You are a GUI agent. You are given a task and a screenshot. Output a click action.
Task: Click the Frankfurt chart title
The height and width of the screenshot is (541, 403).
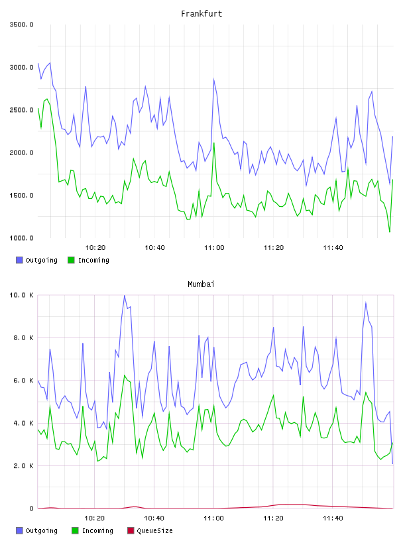click(x=201, y=14)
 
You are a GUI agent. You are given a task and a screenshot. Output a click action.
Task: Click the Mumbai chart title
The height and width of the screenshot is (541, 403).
click(x=201, y=284)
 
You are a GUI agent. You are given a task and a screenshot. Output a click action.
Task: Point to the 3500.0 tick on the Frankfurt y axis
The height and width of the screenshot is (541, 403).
click(x=21, y=25)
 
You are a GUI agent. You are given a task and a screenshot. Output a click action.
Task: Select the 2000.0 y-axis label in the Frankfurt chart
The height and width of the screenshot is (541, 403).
click(x=21, y=152)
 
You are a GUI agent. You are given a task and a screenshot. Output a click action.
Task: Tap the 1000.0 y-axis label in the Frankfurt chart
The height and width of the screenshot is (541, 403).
click(x=21, y=238)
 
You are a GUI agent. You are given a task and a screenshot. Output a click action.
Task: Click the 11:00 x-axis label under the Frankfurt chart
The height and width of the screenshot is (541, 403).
click(x=214, y=248)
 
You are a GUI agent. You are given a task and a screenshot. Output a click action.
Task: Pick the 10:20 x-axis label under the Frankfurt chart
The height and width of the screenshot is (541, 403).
click(x=95, y=248)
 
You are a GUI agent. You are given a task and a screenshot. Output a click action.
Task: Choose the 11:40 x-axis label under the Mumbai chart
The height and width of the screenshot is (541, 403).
click(x=333, y=518)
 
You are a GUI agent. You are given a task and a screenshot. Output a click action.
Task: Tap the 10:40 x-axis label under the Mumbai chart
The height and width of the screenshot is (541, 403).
click(x=154, y=518)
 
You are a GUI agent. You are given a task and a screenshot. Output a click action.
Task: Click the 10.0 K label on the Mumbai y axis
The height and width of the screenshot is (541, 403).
click(x=21, y=295)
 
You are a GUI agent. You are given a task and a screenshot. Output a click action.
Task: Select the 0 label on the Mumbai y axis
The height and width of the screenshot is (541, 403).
click(x=31, y=509)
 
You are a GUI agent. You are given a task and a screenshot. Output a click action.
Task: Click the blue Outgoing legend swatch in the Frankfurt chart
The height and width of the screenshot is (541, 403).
click(x=19, y=260)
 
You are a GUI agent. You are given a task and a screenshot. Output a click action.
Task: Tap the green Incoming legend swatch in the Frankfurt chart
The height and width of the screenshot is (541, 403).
click(x=71, y=260)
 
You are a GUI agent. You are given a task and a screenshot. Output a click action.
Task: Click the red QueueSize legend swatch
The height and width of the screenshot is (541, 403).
click(x=131, y=530)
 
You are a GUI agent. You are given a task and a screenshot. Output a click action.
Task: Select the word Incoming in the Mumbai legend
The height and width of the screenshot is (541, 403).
click(x=97, y=530)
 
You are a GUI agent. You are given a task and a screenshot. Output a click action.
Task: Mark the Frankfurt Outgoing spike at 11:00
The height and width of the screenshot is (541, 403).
click(x=214, y=80)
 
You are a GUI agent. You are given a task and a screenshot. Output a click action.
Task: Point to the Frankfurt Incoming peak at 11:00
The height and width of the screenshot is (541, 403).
click(x=214, y=143)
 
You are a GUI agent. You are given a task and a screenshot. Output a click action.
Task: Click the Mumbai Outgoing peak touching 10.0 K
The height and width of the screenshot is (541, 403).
click(x=125, y=295)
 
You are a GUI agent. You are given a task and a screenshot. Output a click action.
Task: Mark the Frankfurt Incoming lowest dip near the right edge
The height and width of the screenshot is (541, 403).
click(x=390, y=232)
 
